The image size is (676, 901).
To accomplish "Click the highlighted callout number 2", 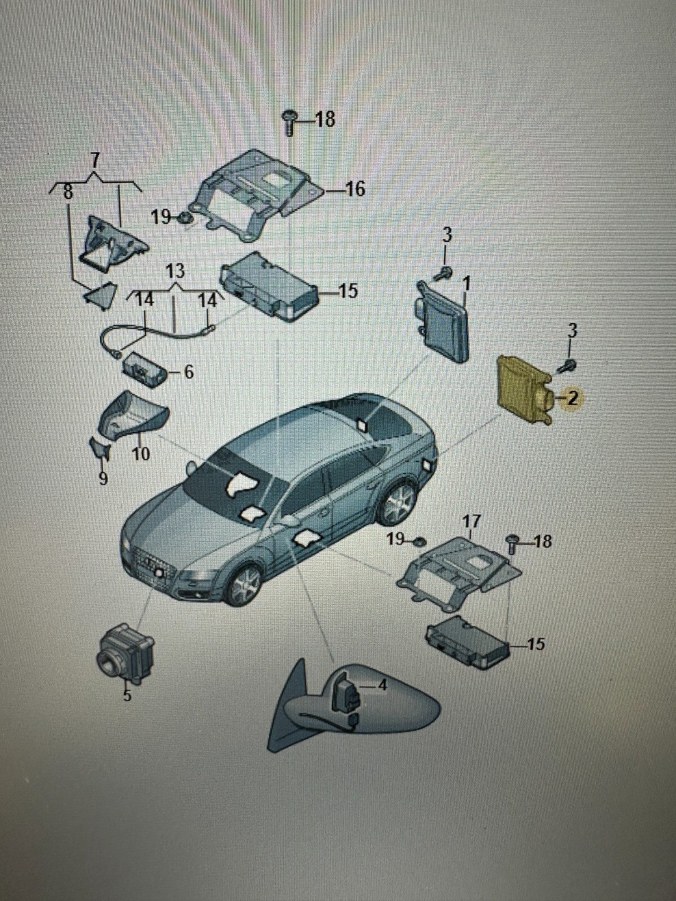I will pyautogui.click(x=572, y=399).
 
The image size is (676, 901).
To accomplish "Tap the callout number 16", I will pyautogui.click(x=355, y=189).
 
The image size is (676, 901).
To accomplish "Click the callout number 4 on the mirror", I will pyautogui.click(x=383, y=686).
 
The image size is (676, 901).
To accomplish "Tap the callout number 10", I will pyautogui.click(x=141, y=453).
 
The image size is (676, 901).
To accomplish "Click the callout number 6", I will pyautogui.click(x=188, y=372).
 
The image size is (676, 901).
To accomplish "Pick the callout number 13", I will pyautogui.click(x=175, y=271).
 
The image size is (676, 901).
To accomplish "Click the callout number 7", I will pyautogui.click(x=95, y=160).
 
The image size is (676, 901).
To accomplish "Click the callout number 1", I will pyautogui.click(x=466, y=282).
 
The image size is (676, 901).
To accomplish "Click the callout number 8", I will pyautogui.click(x=68, y=193).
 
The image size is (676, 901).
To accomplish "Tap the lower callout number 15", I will pyautogui.click(x=536, y=644).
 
